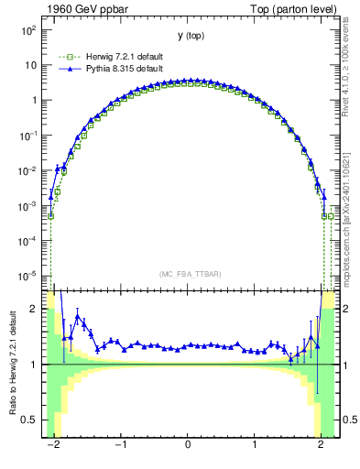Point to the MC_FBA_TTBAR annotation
tap(188, 274)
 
